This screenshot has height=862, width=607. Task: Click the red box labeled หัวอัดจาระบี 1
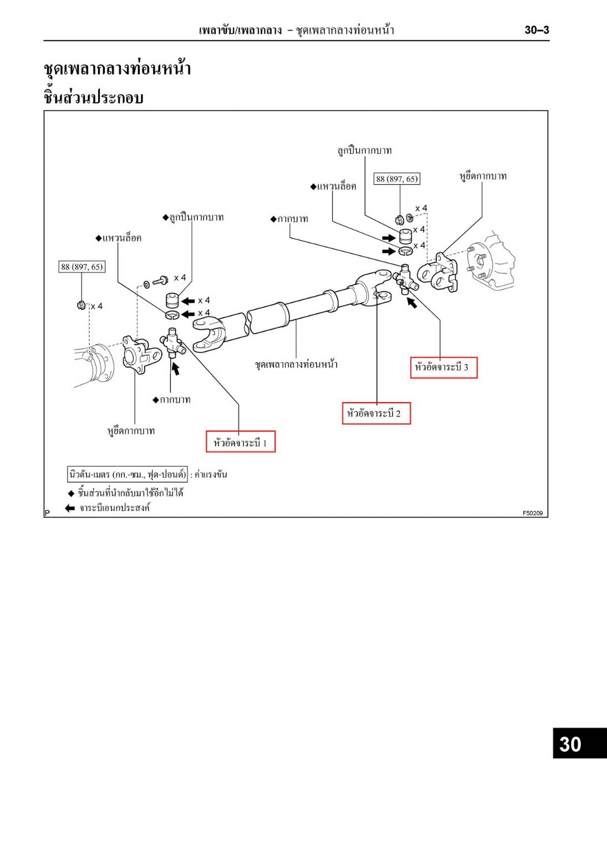point(241,442)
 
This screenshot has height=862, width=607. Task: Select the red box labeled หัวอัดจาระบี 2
point(376,413)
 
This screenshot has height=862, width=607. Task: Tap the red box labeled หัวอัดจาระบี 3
point(443,367)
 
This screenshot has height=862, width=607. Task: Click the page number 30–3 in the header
point(537,30)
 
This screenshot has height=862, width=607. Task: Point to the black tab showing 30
point(579,743)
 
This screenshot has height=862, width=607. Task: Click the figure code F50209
point(533,513)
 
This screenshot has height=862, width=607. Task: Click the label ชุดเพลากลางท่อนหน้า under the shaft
point(296,364)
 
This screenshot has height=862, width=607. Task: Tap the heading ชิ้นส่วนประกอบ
point(94,98)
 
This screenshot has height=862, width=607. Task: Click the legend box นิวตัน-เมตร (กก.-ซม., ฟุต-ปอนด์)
point(127,474)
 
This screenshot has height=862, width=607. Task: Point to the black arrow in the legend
point(70,508)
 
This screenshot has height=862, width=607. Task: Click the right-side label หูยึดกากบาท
point(483,176)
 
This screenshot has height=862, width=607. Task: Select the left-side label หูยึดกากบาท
point(131,431)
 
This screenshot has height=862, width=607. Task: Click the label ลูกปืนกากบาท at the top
point(364,150)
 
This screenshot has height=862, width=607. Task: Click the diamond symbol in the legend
point(71,493)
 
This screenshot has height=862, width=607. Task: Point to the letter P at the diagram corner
point(48,513)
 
